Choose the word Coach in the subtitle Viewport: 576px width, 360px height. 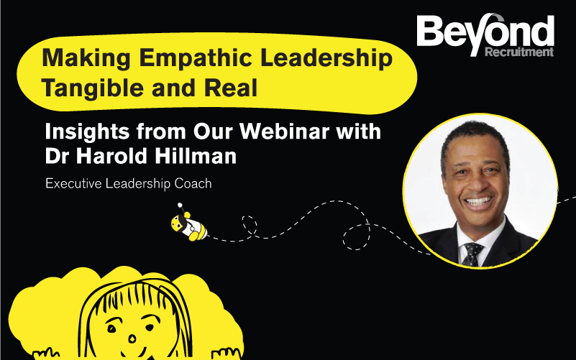click(193, 183)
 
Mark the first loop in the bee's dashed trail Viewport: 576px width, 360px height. click(250, 222)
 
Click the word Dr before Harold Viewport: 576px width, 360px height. click(59, 155)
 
